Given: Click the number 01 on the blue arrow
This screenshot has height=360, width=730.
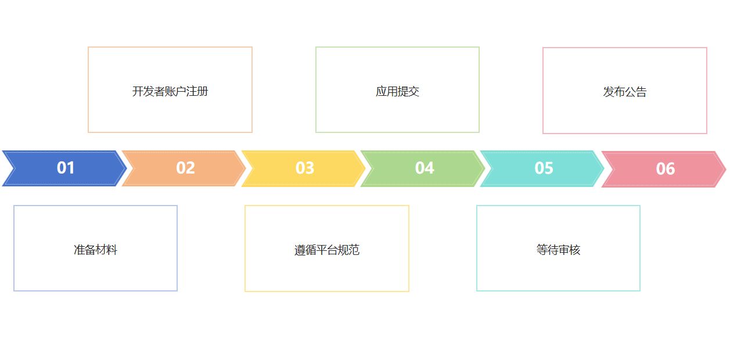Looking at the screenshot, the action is [x=66, y=168].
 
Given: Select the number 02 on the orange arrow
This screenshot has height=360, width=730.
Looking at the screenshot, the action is [x=185, y=168].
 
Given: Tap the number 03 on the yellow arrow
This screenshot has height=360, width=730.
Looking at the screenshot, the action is [x=304, y=168].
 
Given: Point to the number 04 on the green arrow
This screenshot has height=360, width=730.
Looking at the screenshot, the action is [x=424, y=168].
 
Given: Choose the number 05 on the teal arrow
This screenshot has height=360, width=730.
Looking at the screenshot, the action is [x=544, y=168].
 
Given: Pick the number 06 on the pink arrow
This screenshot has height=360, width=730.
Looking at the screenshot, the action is [x=665, y=169].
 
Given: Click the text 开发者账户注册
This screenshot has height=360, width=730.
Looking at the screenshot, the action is [x=170, y=91].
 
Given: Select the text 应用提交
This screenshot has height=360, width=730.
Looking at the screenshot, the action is [x=397, y=91].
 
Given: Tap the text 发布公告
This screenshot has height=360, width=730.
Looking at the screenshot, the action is [x=624, y=92].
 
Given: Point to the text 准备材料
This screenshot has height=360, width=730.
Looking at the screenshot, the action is [x=95, y=250].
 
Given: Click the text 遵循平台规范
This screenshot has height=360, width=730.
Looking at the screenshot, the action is [x=326, y=250].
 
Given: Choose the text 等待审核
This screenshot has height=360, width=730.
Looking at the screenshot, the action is [x=558, y=250].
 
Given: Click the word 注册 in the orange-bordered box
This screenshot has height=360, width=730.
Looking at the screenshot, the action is [x=197, y=91].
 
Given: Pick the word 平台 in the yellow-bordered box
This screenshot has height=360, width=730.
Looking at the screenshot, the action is [x=326, y=250].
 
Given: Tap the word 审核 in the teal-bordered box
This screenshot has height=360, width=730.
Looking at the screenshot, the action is [x=569, y=250].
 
